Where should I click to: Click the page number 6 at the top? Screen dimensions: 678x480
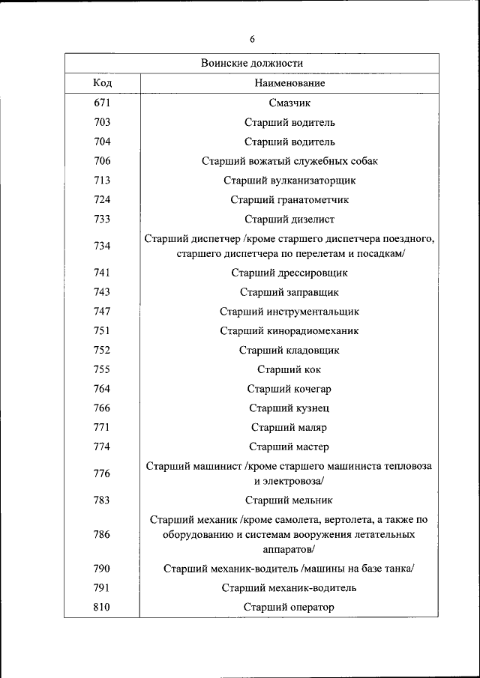(252, 39)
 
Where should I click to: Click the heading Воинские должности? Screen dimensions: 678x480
(252, 64)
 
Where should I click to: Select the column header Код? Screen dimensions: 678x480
(103, 83)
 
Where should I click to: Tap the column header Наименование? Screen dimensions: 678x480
(289, 83)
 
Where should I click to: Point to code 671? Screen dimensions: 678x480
(103, 103)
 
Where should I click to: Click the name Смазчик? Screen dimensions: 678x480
(289, 103)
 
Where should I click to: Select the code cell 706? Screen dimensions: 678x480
(103, 160)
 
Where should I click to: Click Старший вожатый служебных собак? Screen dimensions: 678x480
(289, 161)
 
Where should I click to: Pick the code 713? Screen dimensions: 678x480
(103, 180)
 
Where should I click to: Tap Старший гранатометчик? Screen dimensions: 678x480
(289, 200)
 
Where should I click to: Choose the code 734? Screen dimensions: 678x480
(103, 246)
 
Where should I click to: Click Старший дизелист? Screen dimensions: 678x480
(289, 220)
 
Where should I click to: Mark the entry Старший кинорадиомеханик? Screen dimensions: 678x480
(289, 330)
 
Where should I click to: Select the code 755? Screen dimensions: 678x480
(103, 369)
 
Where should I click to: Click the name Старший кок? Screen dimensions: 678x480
(289, 369)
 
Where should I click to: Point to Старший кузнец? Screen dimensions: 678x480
(289, 408)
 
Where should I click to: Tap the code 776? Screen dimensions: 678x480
(103, 473)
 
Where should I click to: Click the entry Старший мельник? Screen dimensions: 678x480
(289, 500)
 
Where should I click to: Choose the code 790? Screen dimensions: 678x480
(103, 568)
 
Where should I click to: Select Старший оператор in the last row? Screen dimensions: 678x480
(289, 607)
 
